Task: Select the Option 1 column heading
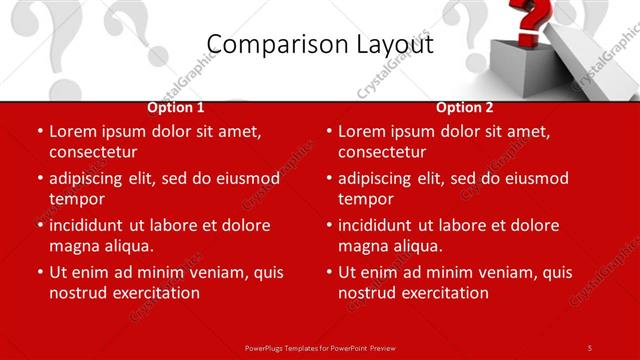(x=176, y=107)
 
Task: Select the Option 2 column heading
(x=465, y=107)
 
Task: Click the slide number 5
(x=589, y=347)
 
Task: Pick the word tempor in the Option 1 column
(x=77, y=199)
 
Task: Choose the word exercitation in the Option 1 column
(x=155, y=293)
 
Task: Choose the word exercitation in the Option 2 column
(x=444, y=293)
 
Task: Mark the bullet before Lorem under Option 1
(x=40, y=132)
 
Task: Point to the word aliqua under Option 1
(x=126, y=246)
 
